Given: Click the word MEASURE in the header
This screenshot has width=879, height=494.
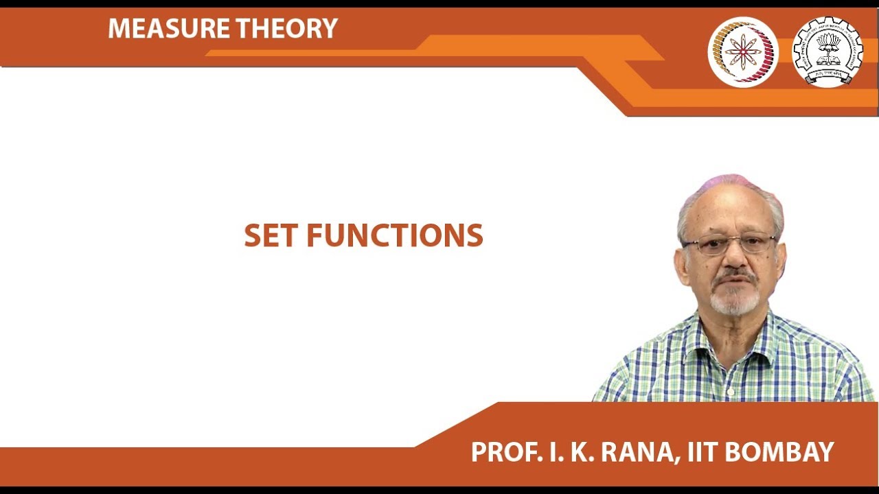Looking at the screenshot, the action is (169, 28).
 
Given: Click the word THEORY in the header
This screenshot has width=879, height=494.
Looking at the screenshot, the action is (287, 28).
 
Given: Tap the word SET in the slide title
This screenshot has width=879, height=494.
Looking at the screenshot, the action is (270, 235).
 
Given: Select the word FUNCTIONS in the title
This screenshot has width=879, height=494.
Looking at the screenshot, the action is (395, 235).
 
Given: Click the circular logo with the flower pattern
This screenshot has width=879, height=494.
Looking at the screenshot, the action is (743, 51).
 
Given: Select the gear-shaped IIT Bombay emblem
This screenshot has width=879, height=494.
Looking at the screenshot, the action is (827, 51).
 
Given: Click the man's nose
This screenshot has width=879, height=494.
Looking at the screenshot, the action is (735, 259).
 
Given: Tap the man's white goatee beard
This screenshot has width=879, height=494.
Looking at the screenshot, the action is (735, 302).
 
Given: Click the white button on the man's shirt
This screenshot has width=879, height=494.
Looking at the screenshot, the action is (731, 391).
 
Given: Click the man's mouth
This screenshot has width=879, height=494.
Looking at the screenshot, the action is (735, 285).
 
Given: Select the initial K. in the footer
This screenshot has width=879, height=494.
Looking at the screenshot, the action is (582, 452).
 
